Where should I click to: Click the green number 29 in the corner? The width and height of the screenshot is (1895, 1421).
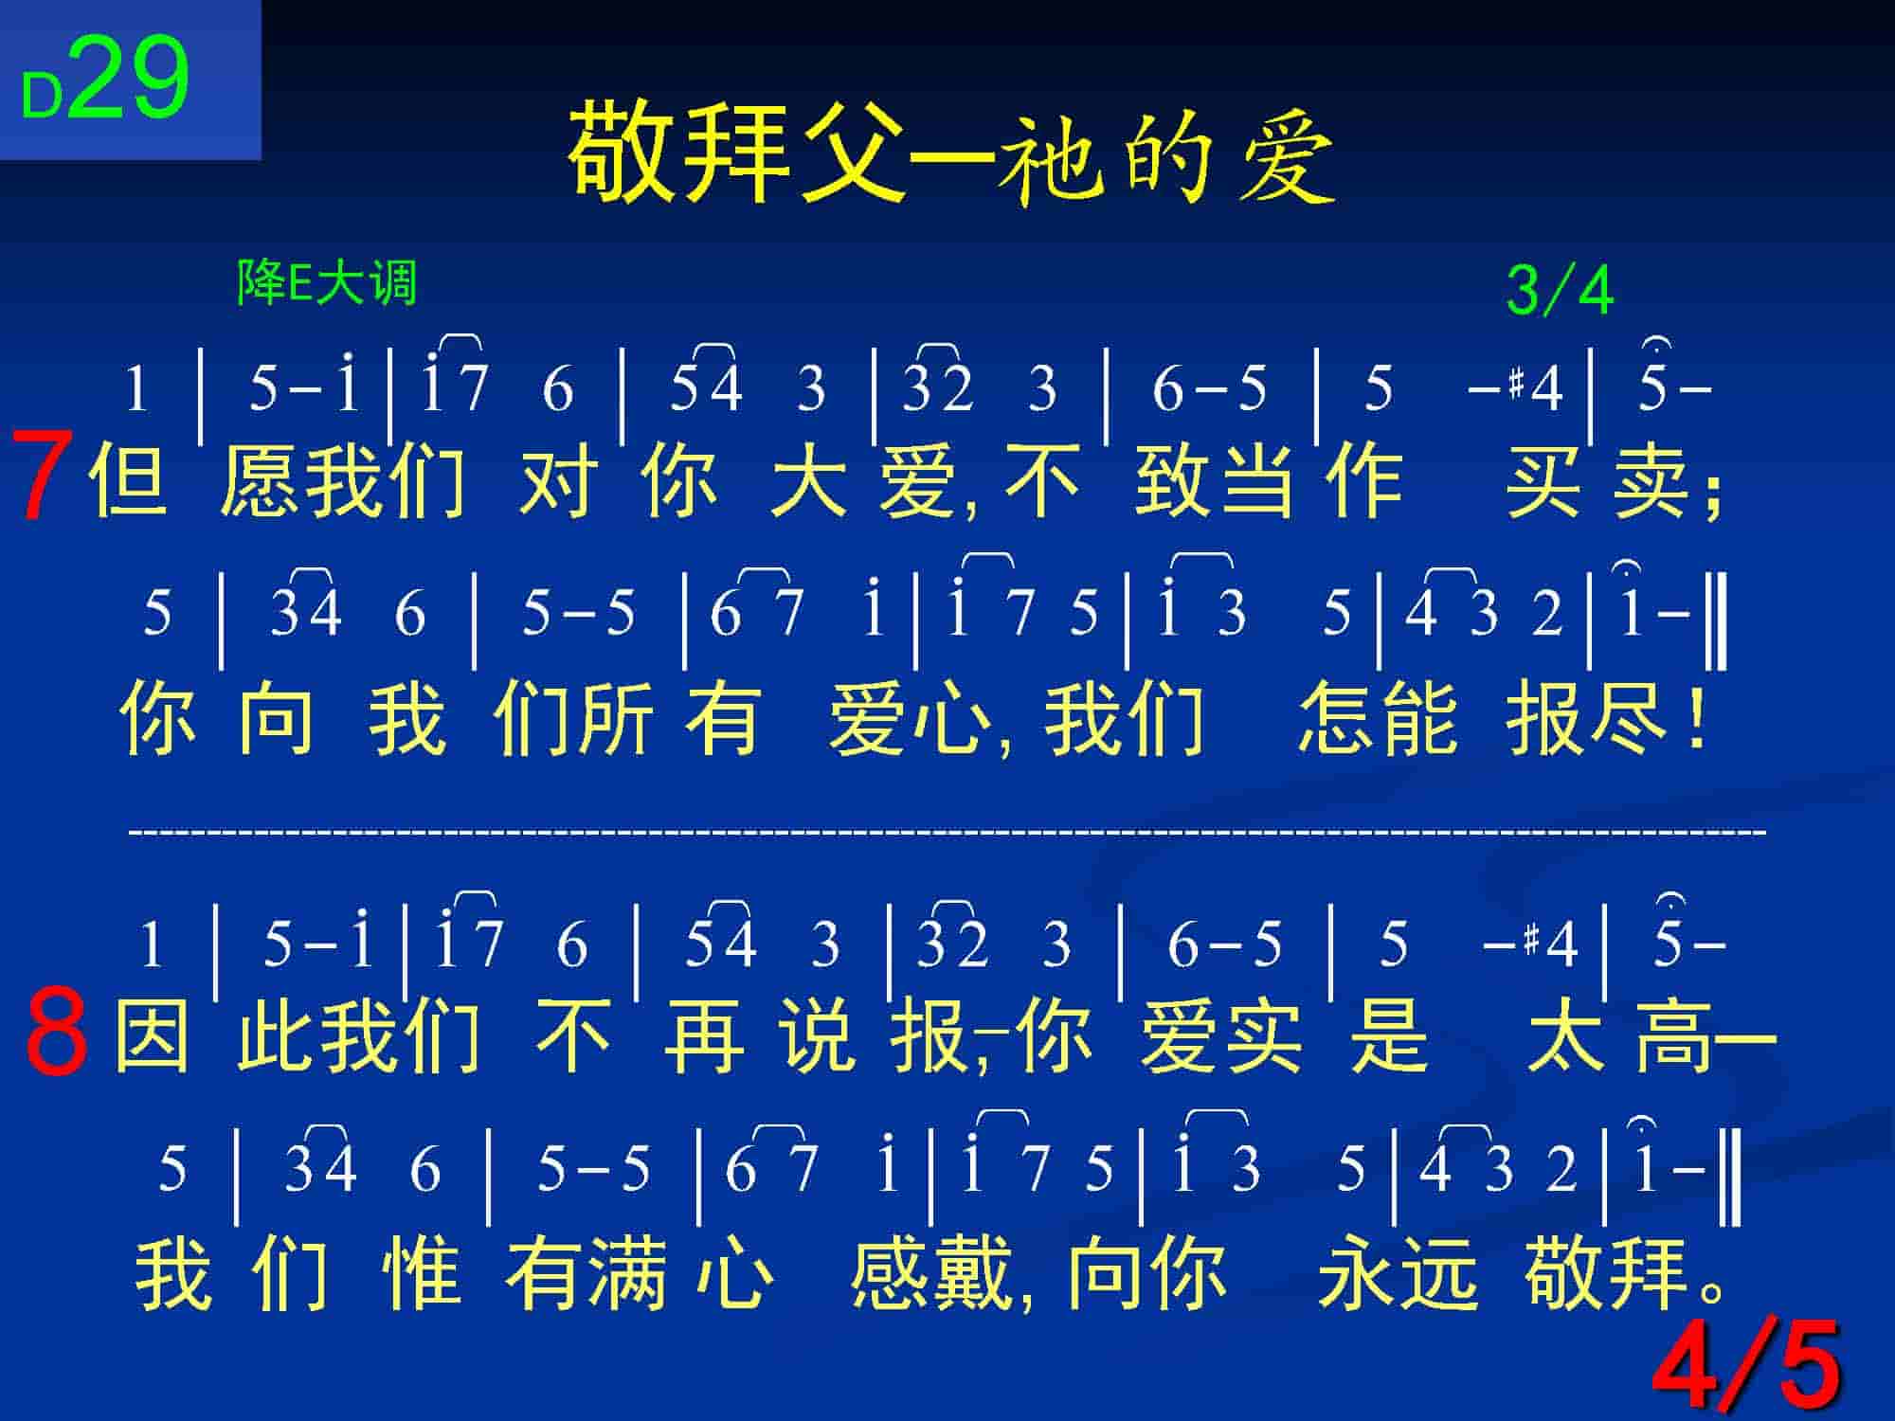point(128,79)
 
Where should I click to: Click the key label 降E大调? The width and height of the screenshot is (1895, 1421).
point(327,282)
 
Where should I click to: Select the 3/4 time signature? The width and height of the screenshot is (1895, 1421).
point(1560,291)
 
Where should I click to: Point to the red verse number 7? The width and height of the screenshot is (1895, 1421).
point(42,477)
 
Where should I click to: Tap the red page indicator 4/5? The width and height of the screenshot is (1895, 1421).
point(1748,1364)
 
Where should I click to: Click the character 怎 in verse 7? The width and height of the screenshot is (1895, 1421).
point(1337,718)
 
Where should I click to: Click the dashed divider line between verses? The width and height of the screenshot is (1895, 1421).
point(947,833)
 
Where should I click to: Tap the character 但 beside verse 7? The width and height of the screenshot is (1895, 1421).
point(128,481)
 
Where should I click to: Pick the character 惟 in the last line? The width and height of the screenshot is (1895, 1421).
point(423,1274)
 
